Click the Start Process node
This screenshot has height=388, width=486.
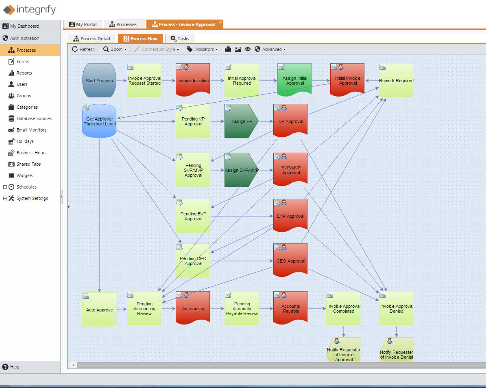click(99, 81)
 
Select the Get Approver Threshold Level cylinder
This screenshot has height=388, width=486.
click(99, 121)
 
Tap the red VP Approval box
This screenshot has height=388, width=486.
click(290, 121)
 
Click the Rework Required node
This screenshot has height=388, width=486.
click(396, 81)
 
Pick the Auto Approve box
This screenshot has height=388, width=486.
click(99, 310)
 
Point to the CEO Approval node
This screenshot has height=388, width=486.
click(290, 261)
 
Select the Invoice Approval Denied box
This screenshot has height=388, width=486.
click(396, 309)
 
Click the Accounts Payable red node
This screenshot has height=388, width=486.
click(290, 309)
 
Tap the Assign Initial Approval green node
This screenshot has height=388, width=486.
click(294, 81)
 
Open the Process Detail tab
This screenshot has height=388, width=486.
click(92, 39)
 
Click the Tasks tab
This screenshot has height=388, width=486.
click(180, 39)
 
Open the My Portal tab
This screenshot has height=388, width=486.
click(83, 24)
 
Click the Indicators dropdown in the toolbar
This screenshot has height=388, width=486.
click(202, 49)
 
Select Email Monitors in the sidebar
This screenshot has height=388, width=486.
click(31, 130)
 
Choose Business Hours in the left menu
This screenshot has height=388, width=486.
click(31, 153)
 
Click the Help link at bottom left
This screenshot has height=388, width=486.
click(15, 367)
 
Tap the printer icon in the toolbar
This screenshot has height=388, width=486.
click(228, 49)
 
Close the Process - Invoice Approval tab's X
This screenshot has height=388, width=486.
click(220, 22)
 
